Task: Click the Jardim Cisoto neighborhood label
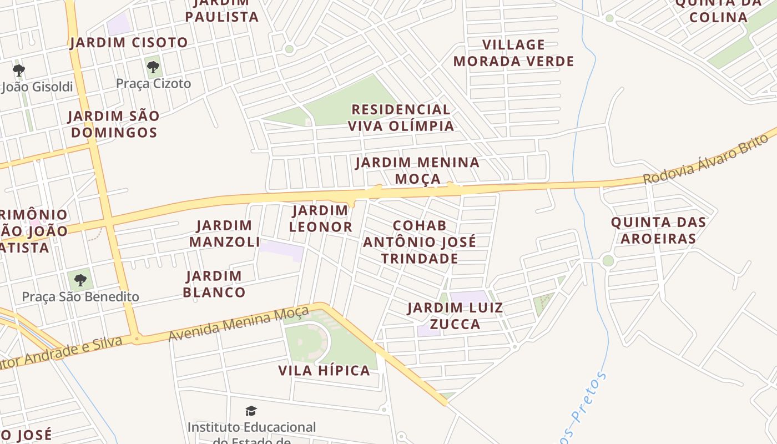click(129, 43)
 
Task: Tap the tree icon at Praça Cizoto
click(153, 68)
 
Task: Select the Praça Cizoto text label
click(153, 84)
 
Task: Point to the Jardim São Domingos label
click(114, 124)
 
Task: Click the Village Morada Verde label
click(513, 53)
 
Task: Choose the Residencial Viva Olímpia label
click(401, 118)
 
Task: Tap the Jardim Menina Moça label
click(417, 170)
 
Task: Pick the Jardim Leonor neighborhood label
click(320, 219)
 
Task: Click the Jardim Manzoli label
click(224, 234)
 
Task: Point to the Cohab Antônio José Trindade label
click(420, 242)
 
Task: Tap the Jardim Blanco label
click(214, 284)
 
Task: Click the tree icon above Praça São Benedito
click(80, 280)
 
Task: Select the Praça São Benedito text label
click(80, 296)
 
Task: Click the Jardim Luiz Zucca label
click(455, 316)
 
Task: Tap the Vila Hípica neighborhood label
click(324, 371)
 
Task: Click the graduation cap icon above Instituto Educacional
click(251, 411)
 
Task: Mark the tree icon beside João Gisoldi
click(19, 70)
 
